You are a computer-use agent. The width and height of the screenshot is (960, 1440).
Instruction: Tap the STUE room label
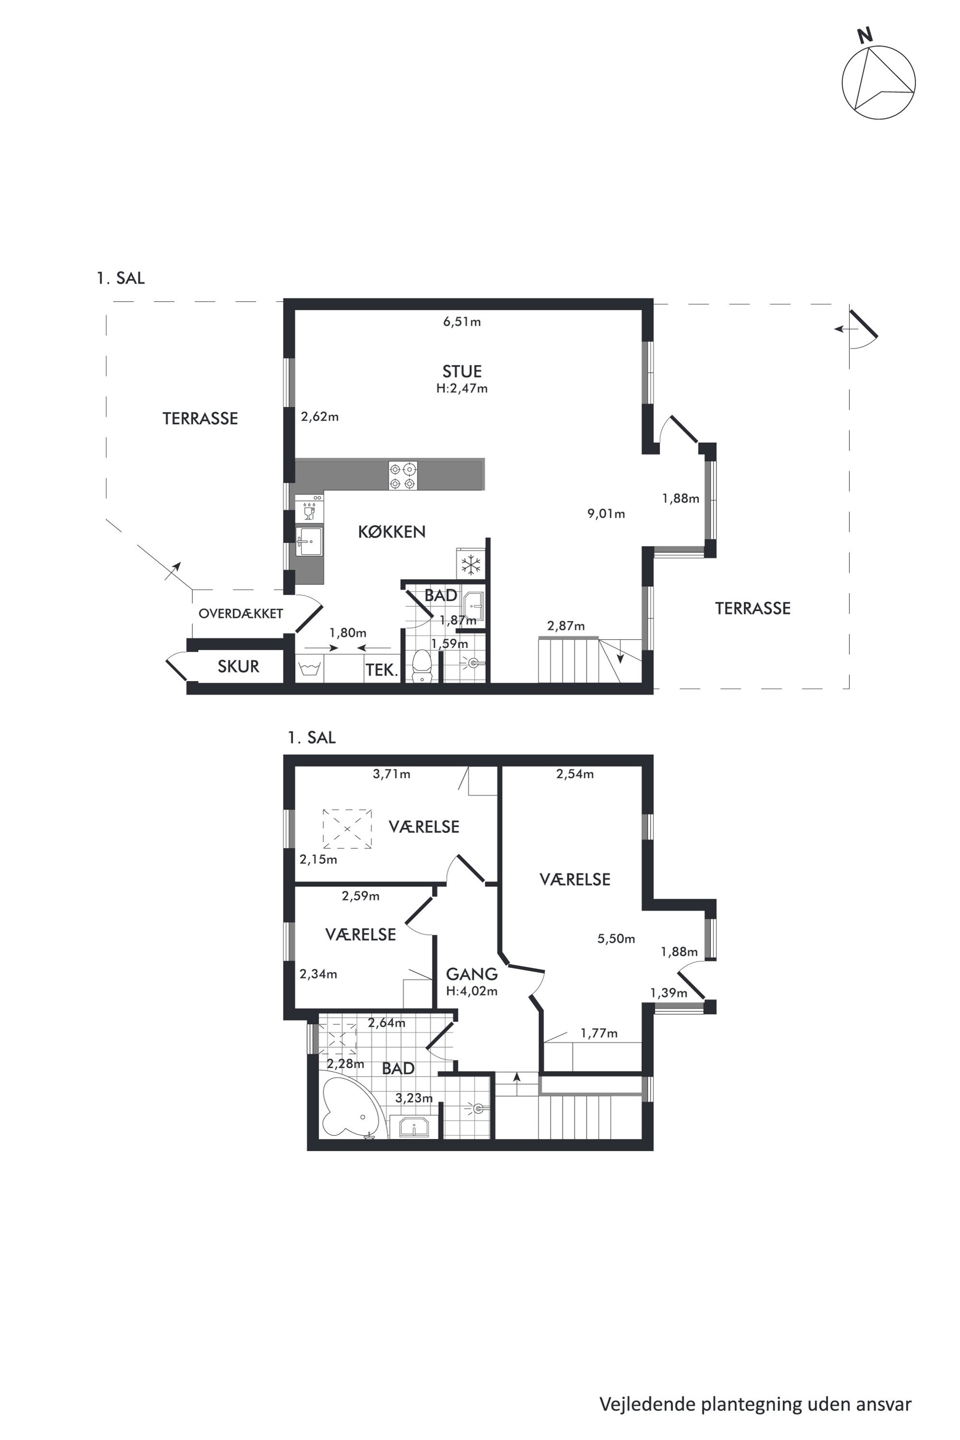coord(462,372)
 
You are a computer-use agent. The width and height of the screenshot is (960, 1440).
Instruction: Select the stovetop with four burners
coord(404,475)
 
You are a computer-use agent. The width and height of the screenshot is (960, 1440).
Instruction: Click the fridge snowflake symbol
coord(471,565)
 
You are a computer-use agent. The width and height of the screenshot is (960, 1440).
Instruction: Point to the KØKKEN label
coord(392,531)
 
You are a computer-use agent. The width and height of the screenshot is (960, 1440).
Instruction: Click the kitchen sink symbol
coord(309,541)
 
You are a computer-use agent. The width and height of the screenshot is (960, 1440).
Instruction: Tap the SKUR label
coord(238,666)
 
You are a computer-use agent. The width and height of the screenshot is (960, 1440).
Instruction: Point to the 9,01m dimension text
coord(606,514)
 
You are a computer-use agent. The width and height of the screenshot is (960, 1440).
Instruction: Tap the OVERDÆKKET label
coord(240,614)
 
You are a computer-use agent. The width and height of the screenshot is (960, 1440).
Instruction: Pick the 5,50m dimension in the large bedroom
coord(616,939)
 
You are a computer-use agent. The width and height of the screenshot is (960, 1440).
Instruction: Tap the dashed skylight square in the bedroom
coord(347,828)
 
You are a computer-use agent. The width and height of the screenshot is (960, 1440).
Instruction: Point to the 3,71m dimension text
coord(392,774)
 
